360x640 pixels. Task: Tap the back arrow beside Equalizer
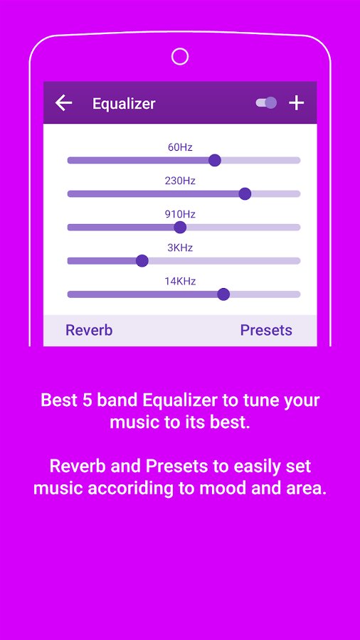click(x=63, y=103)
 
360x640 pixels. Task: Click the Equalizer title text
click(x=124, y=104)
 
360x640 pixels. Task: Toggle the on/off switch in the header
click(x=266, y=103)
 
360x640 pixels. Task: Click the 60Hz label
click(x=180, y=147)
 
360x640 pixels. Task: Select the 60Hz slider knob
click(x=215, y=161)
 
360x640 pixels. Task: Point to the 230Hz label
click(x=180, y=181)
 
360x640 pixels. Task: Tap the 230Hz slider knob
click(x=245, y=194)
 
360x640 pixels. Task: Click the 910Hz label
click(x=180, y=214)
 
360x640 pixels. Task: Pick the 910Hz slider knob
click(x=180, y=228)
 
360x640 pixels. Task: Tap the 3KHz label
click(x=180, y=247)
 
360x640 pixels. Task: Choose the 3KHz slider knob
click(x=142, y=261)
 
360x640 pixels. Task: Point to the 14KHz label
click(x=180, y=281)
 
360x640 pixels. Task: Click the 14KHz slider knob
click(x=223, y=294)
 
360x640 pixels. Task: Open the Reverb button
click(x=89, y=330)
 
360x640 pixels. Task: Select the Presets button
click(x=266, y=330)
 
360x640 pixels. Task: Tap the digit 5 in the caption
click(x=89, y=400)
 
